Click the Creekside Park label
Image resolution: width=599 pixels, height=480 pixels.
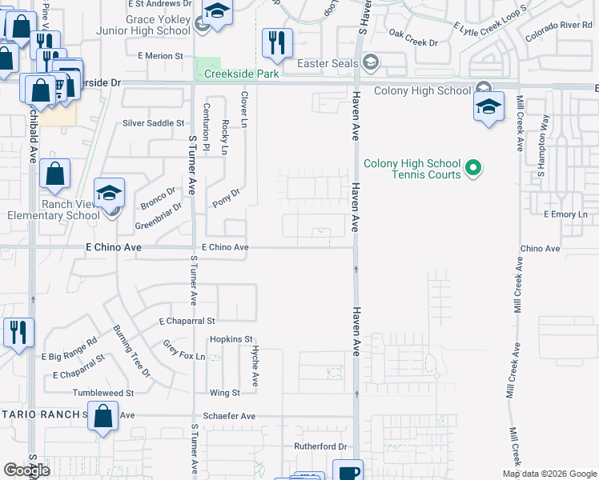[241, 74]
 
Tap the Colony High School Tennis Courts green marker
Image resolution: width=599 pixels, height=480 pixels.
[473, 168]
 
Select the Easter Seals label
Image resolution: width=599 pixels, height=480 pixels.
[329, 62]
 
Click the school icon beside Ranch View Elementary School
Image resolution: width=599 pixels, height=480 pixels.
[110, 193]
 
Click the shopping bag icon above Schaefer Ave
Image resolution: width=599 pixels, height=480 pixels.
[103, 417]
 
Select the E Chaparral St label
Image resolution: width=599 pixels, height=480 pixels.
[187, 321]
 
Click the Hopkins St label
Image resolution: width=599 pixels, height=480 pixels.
[231, 339]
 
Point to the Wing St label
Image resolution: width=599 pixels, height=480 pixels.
[225, 393]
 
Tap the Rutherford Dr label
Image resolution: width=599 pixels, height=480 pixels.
[319, 446]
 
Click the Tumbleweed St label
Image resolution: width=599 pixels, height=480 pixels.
[103, 393]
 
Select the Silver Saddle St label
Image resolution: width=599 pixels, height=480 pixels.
[154, 123]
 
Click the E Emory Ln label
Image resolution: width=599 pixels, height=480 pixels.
[565, 214]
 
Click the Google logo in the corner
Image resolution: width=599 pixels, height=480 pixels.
[27, 470]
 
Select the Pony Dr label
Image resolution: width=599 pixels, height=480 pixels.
[227, 192]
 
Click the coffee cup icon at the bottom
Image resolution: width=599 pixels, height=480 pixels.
[348, 471]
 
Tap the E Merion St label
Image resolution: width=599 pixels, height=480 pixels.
[161, 56]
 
